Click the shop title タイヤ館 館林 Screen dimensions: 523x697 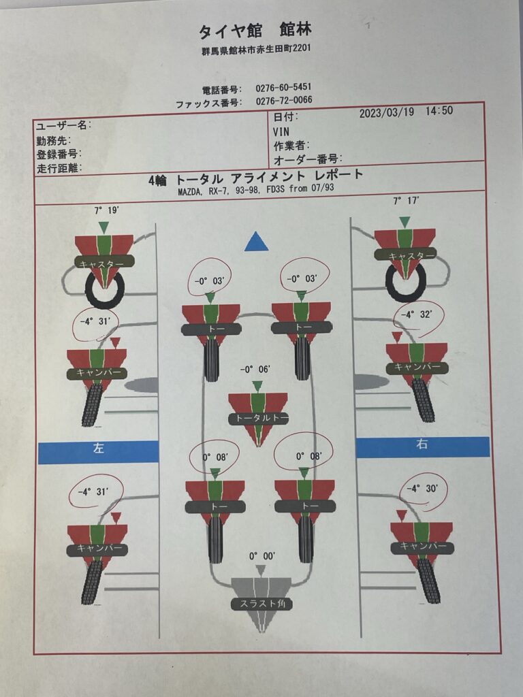point(255,31)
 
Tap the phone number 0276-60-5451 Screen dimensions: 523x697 point(283,88)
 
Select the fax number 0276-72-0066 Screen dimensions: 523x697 point(284,101)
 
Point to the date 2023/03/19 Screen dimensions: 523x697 point(387,112)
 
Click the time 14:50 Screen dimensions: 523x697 point(439,111)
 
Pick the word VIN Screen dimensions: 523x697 point(281,132)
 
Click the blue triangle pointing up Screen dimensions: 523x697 point(257,242)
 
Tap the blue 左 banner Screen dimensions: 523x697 point(98,452)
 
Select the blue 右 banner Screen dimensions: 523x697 point(422,447)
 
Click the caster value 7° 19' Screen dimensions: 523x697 point(107,210)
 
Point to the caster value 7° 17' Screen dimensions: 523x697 point(406,201)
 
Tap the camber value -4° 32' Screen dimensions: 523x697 point(416,314)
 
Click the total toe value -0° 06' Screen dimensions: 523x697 point(255,370)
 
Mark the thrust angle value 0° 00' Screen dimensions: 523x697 point(262,556)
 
